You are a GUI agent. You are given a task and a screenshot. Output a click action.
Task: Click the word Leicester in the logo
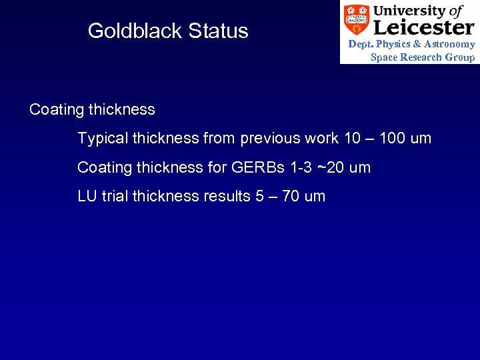point(423,27)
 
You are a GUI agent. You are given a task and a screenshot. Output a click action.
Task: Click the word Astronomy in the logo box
point(451,44)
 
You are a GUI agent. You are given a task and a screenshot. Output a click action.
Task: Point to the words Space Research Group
point(423,57)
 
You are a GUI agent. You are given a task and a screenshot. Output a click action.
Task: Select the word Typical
point(103,139)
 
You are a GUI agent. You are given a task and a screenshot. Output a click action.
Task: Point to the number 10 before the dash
point(351,138)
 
